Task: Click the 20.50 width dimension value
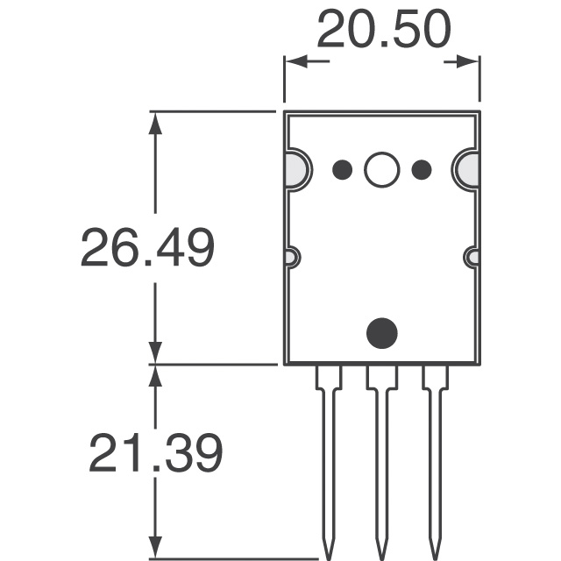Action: [383, 31]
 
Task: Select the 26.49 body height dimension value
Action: [147, 248]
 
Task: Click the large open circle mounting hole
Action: [381, 169]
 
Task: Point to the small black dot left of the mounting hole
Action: [343, 169]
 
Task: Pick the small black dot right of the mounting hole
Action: [421, 169]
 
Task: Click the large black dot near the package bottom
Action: [381, 332]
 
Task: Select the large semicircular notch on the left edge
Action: [295, 169]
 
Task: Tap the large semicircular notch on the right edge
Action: [468, 169]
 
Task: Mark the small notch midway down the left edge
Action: [291, 258]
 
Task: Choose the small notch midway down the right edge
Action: [472, 258]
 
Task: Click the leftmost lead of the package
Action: [328, 456]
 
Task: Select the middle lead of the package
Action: [381, 456]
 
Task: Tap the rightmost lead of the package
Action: [435, 456]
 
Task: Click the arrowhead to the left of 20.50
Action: [294, 62]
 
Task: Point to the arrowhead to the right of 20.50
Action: [470, 62]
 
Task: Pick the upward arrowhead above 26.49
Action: [156, 121]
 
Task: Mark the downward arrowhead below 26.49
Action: [156, 352]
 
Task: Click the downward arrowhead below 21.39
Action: [156, 547]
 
